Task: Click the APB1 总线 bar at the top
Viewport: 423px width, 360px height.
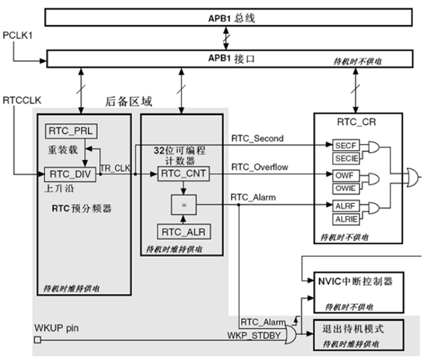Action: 227,16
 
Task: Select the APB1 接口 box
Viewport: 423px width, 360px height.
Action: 227,56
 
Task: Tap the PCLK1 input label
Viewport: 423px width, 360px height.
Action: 18,36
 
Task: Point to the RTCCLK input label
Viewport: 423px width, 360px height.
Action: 20,99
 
